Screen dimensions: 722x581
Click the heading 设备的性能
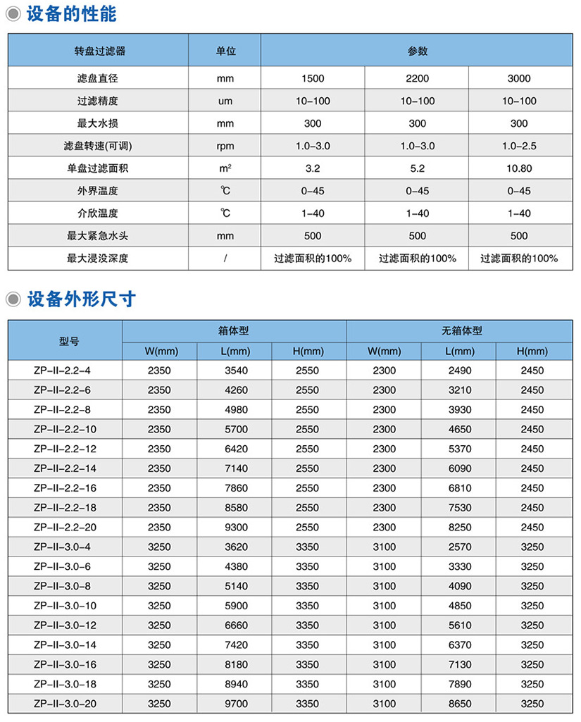[71, 14]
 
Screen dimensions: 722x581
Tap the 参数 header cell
[417, 51]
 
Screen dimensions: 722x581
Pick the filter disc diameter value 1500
[312, 79]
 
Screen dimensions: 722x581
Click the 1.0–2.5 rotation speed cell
[519, 147]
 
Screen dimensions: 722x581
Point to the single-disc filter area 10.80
[519, 168]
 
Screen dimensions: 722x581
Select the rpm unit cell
[225, 147]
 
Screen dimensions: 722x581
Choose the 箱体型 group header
[234, 330]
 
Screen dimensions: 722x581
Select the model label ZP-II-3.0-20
[65, 704]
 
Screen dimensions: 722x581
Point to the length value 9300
[234, 527]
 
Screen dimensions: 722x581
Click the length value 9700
[234, 704]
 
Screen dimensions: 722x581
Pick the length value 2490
[458, 371]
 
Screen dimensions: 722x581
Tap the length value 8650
[458, 704]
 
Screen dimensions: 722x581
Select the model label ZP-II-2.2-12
[65, 449]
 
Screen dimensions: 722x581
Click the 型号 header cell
[65, 341]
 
